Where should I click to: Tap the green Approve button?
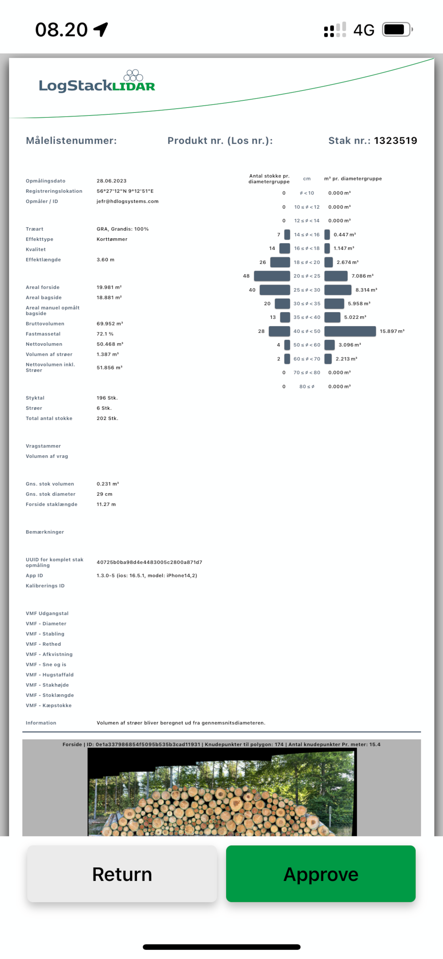[x=321, y=873]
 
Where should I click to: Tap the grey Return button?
[x=122, y=873]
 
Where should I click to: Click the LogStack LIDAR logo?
[x=97, y=81]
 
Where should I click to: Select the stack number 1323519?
[x=395, y=140]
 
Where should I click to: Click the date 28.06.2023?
[x=112, y=181]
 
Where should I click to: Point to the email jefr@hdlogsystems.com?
[x=128, y=202]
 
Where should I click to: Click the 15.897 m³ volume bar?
[x=350, y=331]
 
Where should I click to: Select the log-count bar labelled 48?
[x=272, y=276]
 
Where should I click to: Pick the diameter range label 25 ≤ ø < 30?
[x=307, y=290]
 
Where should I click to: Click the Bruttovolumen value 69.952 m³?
[x=110, y=324]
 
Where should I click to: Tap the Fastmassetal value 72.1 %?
[x=105, y=334]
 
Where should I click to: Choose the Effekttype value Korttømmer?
[x=112, y=239]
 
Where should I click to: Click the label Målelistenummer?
[x=71, y=140]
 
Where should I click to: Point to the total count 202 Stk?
[x=108, y=418]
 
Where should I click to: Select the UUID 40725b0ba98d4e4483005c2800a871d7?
[x=149, y=562]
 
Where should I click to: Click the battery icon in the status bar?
[x=398, y=29]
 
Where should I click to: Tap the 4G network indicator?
[x=364, y=30]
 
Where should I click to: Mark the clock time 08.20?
[x=61, y=29]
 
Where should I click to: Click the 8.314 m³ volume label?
[x=366, y=290]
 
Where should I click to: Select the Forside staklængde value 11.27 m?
[x=106, y=504]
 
